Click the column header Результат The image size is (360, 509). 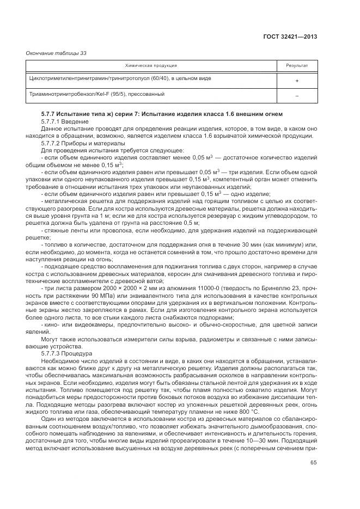click(297, 65)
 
